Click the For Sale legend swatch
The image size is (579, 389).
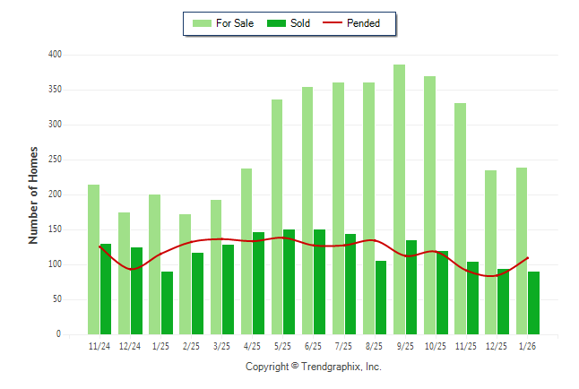coord(201,23)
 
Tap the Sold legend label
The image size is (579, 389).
coord(300,23)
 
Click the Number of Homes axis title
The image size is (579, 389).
coord(34,194)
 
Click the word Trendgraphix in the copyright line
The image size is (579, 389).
coord(330,367)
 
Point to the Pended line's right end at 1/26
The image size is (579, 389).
coord(528,258)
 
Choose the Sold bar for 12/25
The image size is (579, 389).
coord(503,301)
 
